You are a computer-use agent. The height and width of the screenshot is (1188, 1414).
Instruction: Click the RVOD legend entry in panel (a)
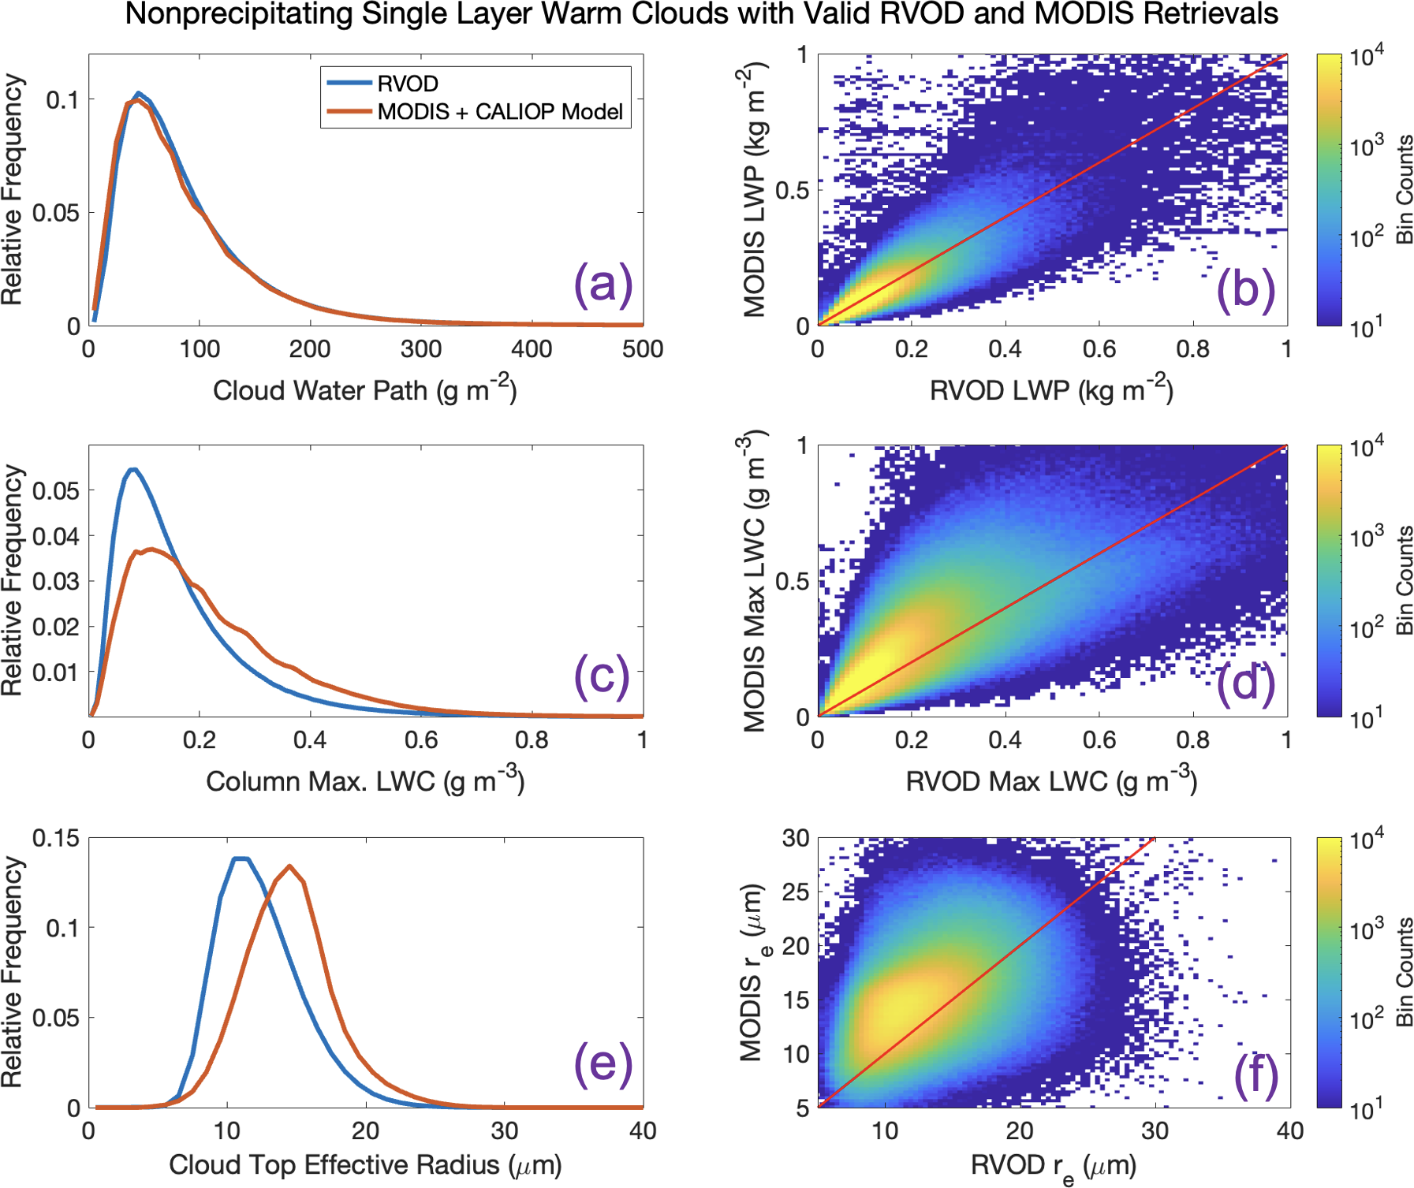pos(407,84)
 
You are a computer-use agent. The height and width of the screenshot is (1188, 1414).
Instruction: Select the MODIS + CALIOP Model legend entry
pos(500,112)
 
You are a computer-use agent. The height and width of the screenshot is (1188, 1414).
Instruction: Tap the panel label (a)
pos(603,284)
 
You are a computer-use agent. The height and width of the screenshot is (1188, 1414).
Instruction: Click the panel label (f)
pos(1256,1076)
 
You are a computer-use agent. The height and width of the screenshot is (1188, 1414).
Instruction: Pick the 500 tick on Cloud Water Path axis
pos(643,349)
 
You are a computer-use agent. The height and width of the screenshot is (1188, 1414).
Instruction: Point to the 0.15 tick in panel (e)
pos(56,838)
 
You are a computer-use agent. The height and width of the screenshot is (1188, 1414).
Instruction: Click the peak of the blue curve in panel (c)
pos(133,470)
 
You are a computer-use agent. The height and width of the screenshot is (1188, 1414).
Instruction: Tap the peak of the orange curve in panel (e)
pos(290,866)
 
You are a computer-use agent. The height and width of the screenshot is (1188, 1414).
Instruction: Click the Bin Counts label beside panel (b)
pos(1405,189)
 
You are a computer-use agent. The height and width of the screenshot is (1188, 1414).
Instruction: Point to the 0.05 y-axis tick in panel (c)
pos(56,490)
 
